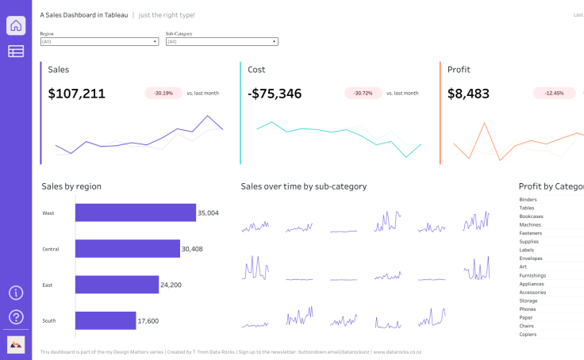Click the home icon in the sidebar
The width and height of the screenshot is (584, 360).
point(16,25)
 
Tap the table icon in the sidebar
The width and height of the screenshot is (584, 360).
point(16,52)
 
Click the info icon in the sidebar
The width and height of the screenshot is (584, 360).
point(16,293)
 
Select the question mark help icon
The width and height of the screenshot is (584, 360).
point(16,317)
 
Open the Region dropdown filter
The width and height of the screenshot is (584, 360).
point(99,42)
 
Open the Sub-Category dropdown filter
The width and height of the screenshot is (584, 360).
point(221,42)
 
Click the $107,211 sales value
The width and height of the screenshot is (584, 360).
point(77,94)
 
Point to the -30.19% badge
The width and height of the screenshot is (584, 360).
point(163,94)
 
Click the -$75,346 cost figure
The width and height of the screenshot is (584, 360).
point(275,94)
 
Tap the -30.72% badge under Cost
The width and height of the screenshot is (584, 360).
point(363,94)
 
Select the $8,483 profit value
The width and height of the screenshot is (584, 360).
point(468,94)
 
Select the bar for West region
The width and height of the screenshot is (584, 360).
point(135,213)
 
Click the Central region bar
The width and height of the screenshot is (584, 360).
point(127,249)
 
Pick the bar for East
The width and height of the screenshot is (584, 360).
point(117,285)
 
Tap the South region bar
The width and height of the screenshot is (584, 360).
point(106,320)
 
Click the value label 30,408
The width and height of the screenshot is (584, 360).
point(193,249)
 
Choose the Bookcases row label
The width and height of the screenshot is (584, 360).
point(531,216)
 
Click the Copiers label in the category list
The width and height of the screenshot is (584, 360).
point(528,335)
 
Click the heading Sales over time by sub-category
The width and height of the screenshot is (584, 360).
point(304,186)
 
